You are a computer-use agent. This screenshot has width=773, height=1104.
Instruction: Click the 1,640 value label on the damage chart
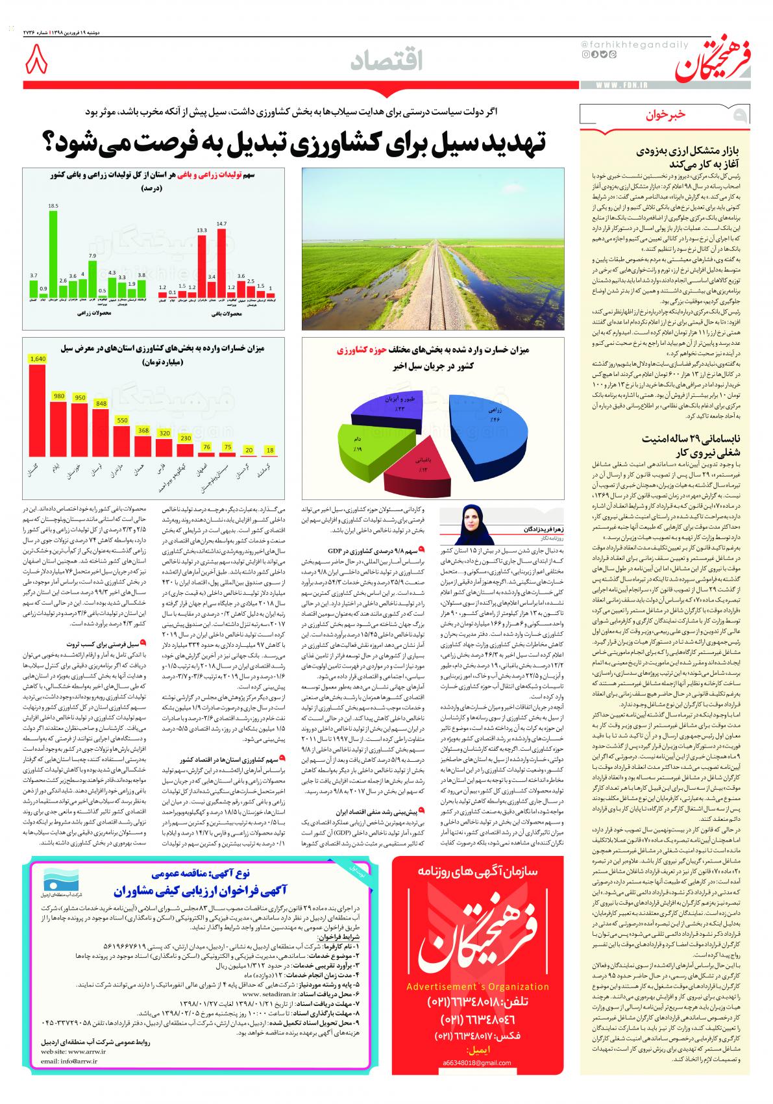point(38,358)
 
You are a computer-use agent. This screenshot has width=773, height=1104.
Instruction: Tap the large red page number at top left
point(37,63)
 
